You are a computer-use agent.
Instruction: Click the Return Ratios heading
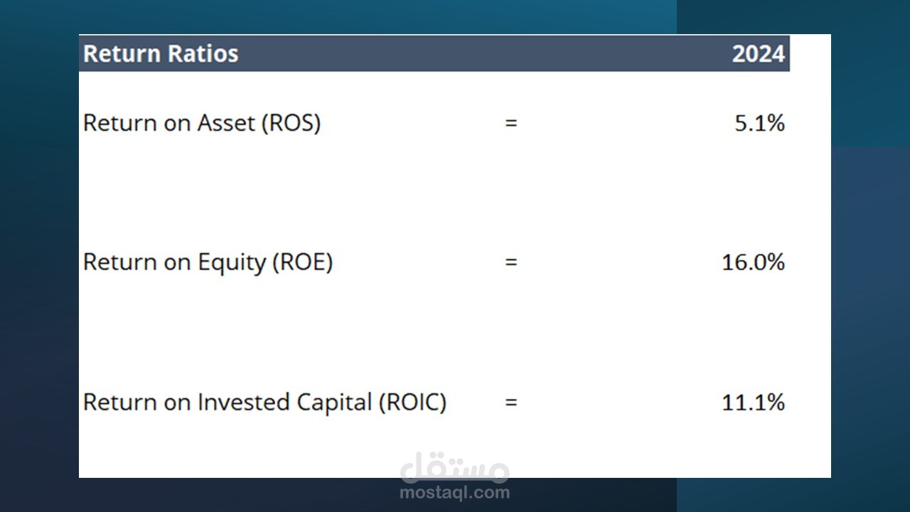pos(161,53)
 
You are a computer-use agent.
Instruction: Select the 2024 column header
pos(758,53)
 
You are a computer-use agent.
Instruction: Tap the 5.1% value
pos(760,123)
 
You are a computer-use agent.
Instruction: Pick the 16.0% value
pos(753,262)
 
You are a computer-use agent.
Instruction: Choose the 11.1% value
pos(753,402)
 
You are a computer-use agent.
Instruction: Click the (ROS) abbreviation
pos(291,123)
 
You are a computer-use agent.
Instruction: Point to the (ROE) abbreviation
pos(303,262)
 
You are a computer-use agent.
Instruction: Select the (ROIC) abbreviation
pos(413,402)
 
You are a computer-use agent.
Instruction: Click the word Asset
pos(226,123)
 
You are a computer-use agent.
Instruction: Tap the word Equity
pos(232,263)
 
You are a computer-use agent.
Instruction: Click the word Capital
pos(334,402)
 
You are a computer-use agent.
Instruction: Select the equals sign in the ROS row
pos(511,123)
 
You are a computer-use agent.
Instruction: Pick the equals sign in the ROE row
pos(511,262)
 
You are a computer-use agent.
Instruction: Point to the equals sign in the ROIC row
pos(511,402)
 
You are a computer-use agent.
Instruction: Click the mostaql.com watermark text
pos(454,493)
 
